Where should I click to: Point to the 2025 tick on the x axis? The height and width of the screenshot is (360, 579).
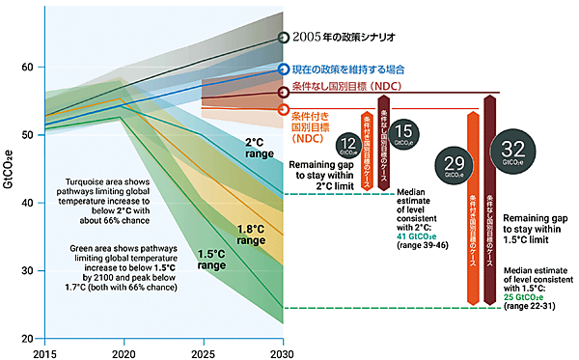[x=203, y=353]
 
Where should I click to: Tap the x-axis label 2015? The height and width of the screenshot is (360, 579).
[x=43, y=353]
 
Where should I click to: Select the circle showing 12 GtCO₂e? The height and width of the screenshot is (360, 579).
[x=349, y=147]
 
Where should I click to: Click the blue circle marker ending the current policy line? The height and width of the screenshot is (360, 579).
[x=283, y=69]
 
